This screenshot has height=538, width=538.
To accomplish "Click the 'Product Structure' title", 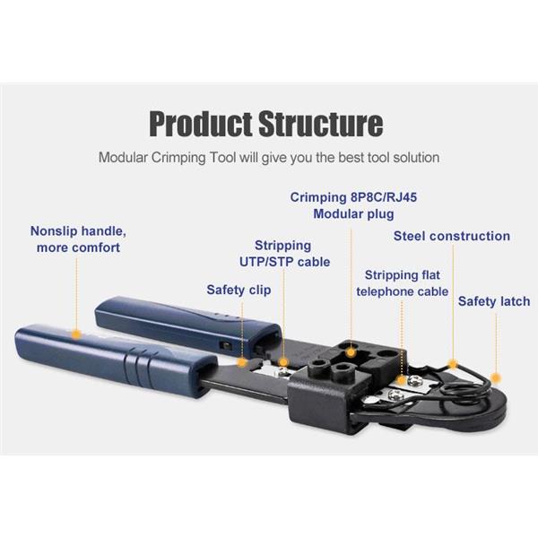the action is click(x=266, y=124).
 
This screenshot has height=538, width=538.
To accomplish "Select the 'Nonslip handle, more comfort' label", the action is click(x=78, y=239).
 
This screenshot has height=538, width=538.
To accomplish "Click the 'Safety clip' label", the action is click(x=239, y=290).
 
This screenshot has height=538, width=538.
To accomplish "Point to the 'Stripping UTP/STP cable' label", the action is click(x=284, y=254).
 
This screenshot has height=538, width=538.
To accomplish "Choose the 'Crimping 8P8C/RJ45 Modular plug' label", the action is click(x=353, y=205).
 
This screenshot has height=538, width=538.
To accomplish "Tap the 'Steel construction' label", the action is click(x=452, y=236).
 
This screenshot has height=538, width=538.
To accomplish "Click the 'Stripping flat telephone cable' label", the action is click(x=402, y=283).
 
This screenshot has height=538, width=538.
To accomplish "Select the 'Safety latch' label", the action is click(x=494, y=301).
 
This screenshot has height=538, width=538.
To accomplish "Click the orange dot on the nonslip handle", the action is click(x=76, y=334).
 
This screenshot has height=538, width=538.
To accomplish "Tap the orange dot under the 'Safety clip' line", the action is click(x=242, y=362).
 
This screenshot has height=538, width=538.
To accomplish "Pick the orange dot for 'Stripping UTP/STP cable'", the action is click(x=283, y=362).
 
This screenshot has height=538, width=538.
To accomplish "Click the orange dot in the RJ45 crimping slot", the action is click(x=351, y=352).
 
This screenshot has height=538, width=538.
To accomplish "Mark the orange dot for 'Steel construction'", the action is click(x=453, y=364).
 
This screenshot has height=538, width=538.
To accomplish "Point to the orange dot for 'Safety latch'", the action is click(x=495, y=378).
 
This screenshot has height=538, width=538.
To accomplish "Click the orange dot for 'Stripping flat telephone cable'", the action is click(x=401, y=380).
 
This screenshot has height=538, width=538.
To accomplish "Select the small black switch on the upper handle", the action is click(x=225, y=345).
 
